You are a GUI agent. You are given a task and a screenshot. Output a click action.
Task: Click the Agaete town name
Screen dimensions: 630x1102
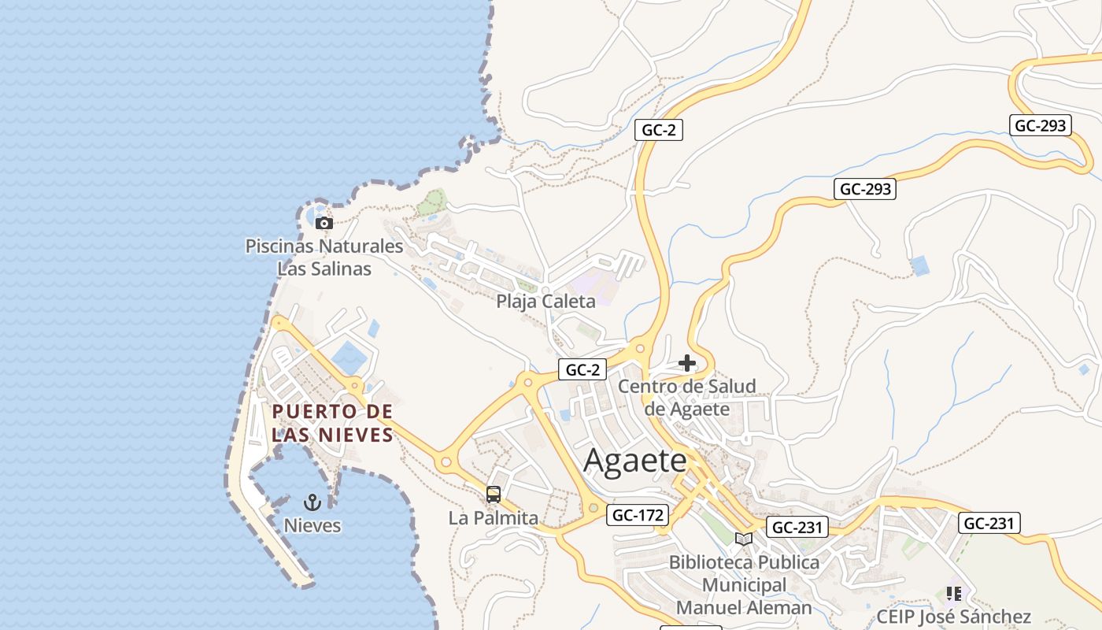coord(635,461)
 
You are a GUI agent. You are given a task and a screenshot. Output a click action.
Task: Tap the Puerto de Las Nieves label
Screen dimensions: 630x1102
coord(332,423)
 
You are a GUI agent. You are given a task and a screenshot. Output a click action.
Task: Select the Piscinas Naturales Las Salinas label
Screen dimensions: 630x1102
coord(324,258)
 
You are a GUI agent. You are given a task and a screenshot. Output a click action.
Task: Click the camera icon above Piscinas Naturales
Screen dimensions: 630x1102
coord(324,224)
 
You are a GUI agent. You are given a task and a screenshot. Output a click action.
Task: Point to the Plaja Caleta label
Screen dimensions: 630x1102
coord(545,301)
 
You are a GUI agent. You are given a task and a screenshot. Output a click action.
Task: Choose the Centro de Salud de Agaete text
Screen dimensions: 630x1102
coord(686,398)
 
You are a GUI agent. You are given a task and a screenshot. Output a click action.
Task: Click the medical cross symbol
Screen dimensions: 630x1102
coord(687,363)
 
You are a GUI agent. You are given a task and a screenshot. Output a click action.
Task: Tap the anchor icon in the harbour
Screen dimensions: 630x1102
coord(312,502)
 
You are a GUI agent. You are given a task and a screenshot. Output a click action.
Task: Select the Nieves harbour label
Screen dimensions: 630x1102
coord(312,525)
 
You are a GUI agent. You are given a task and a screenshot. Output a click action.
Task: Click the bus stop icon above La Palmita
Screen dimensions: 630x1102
coord(494,495)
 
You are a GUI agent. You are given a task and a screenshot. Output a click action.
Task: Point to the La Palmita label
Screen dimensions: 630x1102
coord(494,518)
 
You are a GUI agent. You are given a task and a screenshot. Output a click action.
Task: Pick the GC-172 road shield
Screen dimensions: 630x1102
coord(638,515)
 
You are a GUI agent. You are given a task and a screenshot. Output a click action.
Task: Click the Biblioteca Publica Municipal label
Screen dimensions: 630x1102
coord(744,573)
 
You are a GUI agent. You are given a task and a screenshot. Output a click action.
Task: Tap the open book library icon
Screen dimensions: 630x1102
coord(744,539)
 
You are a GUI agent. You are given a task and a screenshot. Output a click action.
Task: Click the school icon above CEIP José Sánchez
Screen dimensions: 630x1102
coord(954,593)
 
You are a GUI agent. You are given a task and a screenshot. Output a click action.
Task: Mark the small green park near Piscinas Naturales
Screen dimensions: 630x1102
coord(431,203)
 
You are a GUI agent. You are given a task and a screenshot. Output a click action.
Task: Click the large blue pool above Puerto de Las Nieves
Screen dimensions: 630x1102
coord(349,358)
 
